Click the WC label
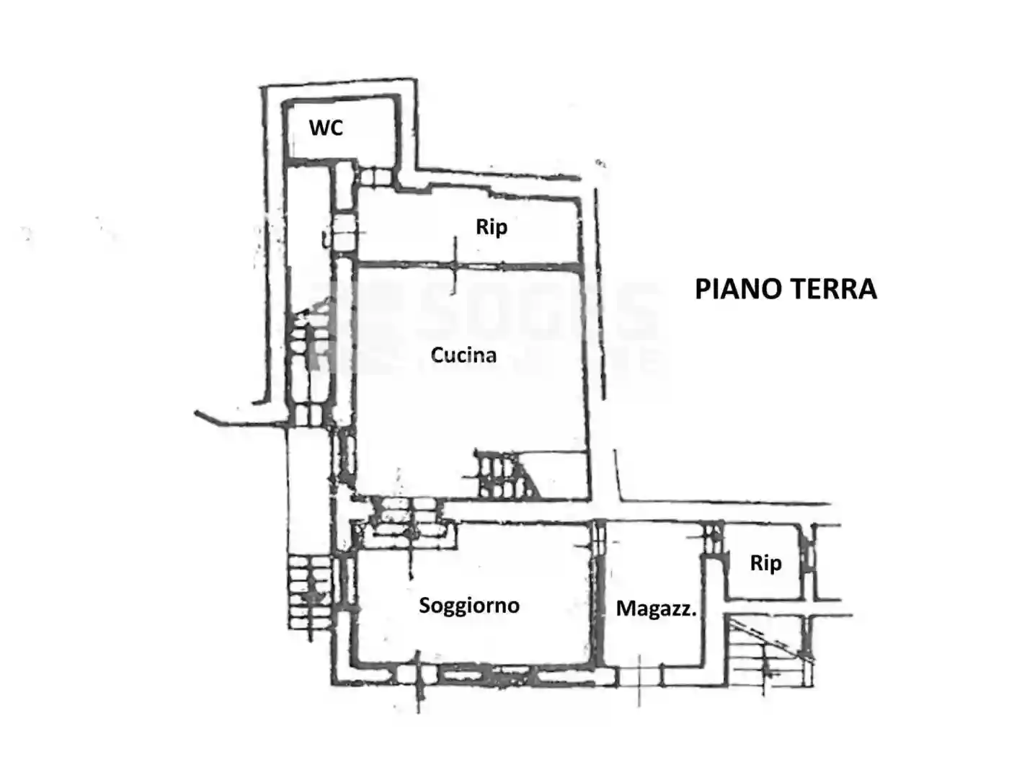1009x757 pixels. pyautogui.click(x=326, y=128)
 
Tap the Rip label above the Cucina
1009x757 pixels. pyautogui.click(x=492, y=227)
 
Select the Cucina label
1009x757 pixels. pyautogui.click(x=463, y=355)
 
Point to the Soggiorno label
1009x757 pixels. pyautogui.click(x=469, y=605)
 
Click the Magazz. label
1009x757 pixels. pyautogui.click(x=656, y=608)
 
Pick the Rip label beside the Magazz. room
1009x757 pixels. pyautogui.click(x=765, y=562)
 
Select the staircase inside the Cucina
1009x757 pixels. pyautogui.click(x=504, y=474)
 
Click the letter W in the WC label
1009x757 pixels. pyautogui.click(x=318, y=128)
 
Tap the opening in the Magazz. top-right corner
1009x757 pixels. pyautogui.click(x=713, y=537)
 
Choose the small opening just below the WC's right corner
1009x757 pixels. pyautogui.click(x=375, y=176)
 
